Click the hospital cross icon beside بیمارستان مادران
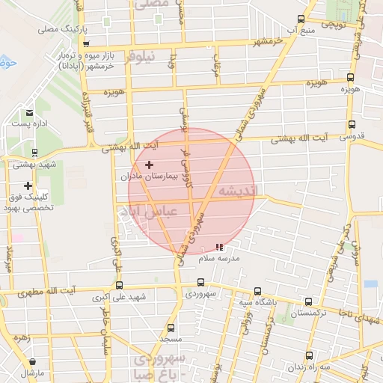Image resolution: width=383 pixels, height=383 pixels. pos(149,165)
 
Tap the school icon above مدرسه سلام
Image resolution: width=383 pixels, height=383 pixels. pos(218,246)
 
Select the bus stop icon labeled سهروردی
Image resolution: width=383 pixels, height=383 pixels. pos(200,282)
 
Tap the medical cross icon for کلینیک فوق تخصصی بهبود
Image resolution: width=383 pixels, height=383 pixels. pos(28,186)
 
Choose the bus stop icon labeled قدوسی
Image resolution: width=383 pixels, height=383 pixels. pos(351,126)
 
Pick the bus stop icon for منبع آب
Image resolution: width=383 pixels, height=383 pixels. pos(301,19)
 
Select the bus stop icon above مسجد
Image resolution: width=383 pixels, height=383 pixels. pos(171,328)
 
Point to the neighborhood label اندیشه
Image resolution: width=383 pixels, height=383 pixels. pos(236,192)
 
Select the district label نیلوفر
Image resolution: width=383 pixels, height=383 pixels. pos(142,56)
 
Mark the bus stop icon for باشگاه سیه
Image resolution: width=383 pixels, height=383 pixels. pos(257,291)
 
